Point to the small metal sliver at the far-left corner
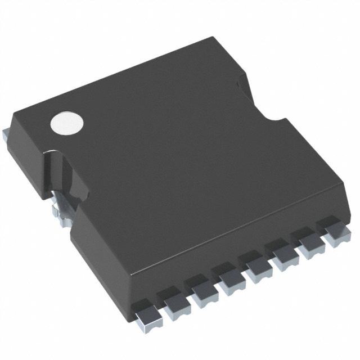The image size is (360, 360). point(4,133)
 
